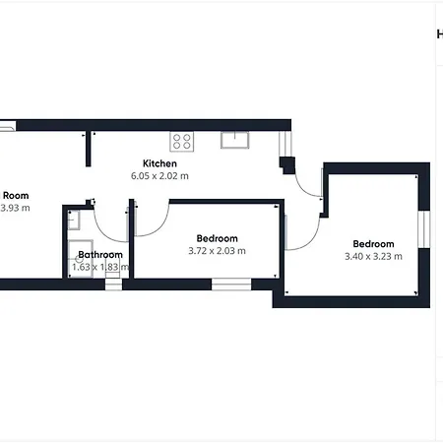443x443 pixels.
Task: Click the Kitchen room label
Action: pos(159,162)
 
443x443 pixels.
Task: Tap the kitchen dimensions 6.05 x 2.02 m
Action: pos(159,175)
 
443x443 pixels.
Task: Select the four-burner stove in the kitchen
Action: pos(182,141)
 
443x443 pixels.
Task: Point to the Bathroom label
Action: pos(100,255)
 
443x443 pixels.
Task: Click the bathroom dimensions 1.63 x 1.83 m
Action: pos(100,267)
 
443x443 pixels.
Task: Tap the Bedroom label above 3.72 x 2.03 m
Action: pos(217,238)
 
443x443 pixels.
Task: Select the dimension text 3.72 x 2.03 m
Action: pos(217,251)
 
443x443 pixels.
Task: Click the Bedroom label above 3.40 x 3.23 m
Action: pos(373,244)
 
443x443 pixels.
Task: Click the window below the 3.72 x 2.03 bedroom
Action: pos(231,284)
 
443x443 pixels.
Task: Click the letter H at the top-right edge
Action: pos(439,33)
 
